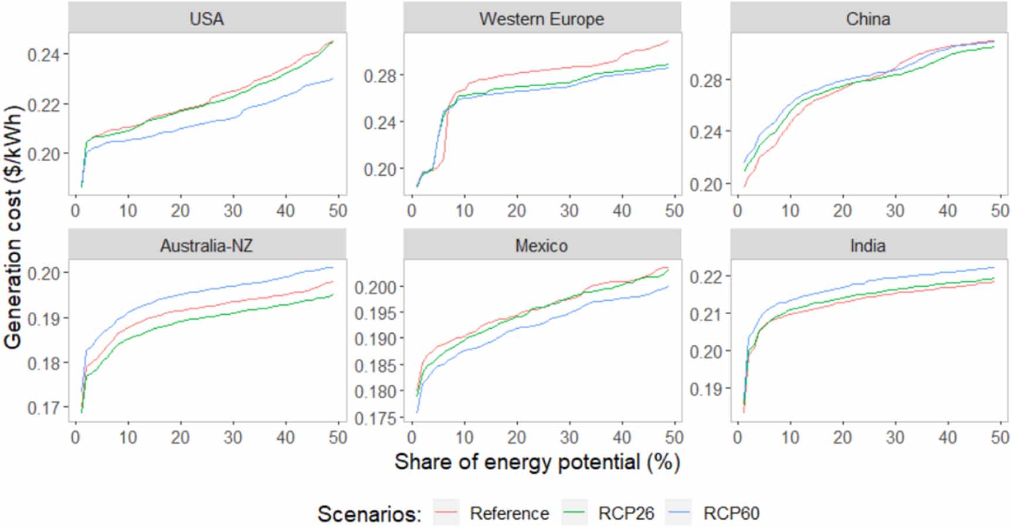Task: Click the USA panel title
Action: pyautogui.click(x=206, y=19)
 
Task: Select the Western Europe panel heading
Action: pyautogui.click(x=541, y=19)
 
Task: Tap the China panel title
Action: pyautogui.click(x=868, y=19)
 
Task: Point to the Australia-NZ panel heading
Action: pyautogui.click(x=206, y=245)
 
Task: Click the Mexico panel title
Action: pyautogui.click(x=541, y=245)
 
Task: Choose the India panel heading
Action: pyautogui.click(x=868, y=245)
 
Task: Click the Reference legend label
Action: pyautogui.click(x=509, y=514)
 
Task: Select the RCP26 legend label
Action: pyautogui.click(x=626, y=514)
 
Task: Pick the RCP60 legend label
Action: pyautogui.click(x=731, y=514)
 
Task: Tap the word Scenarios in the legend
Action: pyautogui.click(x=369, y=514)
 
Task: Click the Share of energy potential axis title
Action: pyautogui.click(x=537, y=462)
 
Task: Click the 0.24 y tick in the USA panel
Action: pyautogui.click(x=43, y=55)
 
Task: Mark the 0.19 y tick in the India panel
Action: pyautogui.click(x=705, y=389)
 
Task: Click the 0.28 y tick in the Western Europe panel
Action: pyautogui.click(x=379, y=76)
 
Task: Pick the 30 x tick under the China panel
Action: pyautogui.click(x=895, y=210)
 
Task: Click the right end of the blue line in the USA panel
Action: pyautogui.click(x=333, y=79)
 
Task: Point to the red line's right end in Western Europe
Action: pyautogui.click(x=669, y=41)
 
